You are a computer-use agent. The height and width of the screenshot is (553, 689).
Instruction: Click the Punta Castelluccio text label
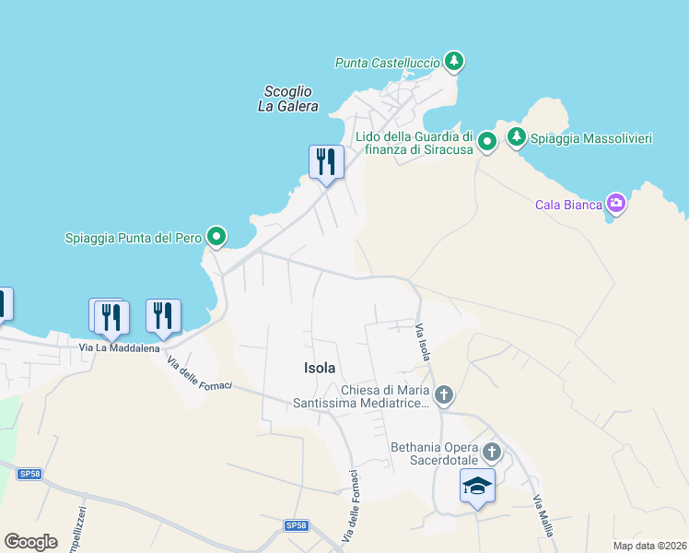point(387,63)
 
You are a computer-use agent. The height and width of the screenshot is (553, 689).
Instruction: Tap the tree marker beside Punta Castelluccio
point(452,62)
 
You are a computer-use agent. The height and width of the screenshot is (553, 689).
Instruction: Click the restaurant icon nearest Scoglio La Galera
point(326,163)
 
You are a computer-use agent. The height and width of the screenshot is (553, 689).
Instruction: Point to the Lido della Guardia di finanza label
point(415,142)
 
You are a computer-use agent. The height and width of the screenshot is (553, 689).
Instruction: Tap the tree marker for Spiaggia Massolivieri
point(516,137)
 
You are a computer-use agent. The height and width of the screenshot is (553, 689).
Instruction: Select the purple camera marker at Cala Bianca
point(615,204)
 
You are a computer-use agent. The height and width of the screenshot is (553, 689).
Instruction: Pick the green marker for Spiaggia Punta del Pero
point(216,238)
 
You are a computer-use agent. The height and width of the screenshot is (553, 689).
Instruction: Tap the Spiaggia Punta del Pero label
point(134,238)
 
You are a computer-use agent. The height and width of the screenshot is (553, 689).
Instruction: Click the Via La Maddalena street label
point(119,348)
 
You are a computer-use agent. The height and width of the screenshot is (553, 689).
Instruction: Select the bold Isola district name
point(320,368)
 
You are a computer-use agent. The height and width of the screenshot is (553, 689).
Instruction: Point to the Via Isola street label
point(423,343)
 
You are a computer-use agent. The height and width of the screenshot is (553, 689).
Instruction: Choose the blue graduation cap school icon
point(477,486)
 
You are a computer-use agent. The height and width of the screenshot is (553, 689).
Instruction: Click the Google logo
point(30,542)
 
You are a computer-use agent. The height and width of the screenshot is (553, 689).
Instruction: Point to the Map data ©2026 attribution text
point(649,546)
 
